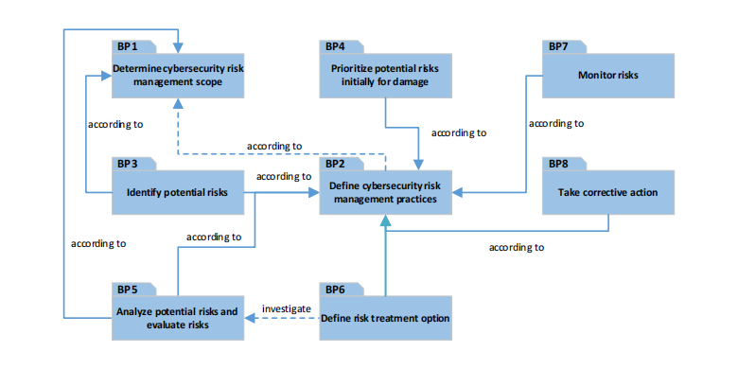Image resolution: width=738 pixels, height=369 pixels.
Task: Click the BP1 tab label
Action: coord(128,46)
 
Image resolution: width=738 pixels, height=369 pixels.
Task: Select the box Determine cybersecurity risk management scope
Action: coord(179,75)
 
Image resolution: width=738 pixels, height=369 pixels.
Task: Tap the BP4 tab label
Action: coord(335,46)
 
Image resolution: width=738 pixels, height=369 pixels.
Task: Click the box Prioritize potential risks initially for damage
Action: coord(385,75)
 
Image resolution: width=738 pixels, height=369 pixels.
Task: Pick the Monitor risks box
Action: coord(607,75)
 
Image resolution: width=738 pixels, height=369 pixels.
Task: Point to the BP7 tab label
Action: coord(558,46)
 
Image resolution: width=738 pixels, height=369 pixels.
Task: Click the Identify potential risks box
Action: coord(179,193)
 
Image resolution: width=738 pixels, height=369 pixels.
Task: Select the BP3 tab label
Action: coord(128,164)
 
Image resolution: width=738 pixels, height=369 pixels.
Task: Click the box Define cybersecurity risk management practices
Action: coord(385,193)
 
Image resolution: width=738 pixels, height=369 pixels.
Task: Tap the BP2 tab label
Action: coord(335,164)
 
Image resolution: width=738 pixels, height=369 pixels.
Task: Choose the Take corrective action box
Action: coord(607,193)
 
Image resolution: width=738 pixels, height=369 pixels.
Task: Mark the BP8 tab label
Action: coord(558,164)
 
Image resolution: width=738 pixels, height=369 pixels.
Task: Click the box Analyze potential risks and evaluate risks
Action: coord(179,318)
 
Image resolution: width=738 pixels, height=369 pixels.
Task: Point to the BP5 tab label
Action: coord(128,289)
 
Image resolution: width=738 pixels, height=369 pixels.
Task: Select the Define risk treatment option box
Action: coord(385,318)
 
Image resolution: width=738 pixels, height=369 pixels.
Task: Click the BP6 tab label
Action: coord(335,289)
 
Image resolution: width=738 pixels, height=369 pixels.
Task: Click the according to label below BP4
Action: coord(459,133)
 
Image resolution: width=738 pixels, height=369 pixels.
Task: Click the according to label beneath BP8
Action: coord(516,247)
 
